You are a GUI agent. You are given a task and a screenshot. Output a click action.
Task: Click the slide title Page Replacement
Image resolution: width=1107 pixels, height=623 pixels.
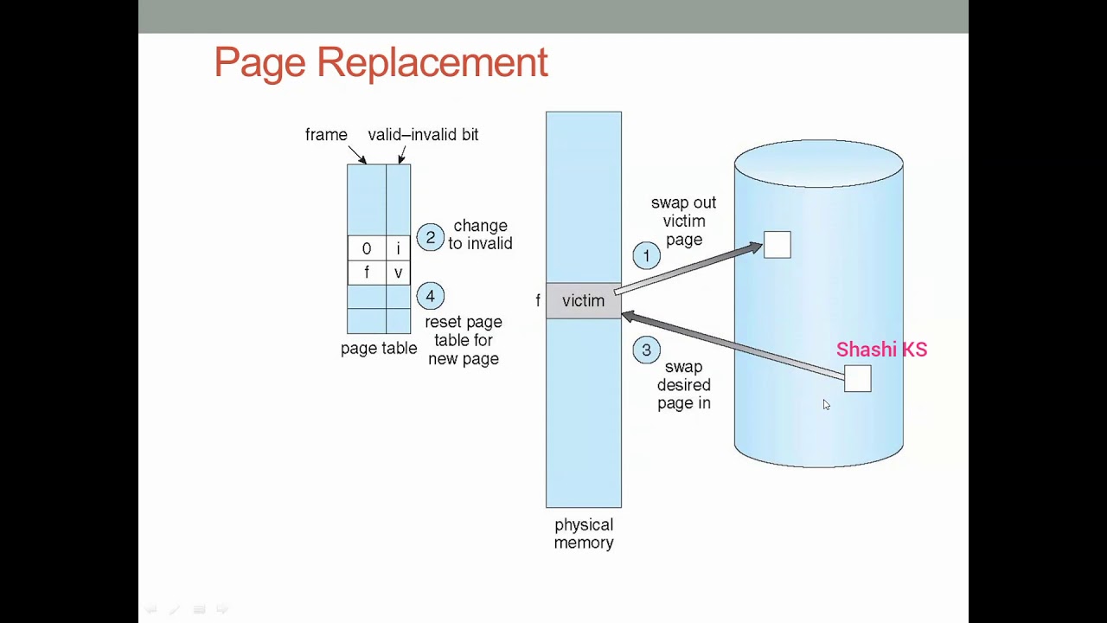pos(381,62)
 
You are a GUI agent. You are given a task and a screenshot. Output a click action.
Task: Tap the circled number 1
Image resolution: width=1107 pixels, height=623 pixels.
pos(646,256)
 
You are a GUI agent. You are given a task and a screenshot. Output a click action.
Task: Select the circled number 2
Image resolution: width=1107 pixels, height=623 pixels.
pos(430,237)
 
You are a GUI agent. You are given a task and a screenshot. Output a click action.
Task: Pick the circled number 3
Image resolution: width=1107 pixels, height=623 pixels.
pos(646,350)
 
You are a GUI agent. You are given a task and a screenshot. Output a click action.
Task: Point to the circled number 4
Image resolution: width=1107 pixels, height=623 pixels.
pos(430,297)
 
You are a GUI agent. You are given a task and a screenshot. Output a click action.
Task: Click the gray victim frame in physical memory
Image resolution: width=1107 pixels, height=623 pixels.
pos(583,301)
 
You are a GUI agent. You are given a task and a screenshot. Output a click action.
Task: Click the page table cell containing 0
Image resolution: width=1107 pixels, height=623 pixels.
pos(367,249)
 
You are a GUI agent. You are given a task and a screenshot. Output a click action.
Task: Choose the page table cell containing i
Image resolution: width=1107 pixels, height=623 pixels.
pos(398,249)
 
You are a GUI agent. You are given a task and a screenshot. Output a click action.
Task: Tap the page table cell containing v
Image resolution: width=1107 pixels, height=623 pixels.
pos(398,273)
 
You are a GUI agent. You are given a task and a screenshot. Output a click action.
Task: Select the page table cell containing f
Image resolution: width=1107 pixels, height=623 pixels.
pos(367,273)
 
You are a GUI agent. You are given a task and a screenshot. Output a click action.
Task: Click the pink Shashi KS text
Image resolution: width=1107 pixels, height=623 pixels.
pos(881,350)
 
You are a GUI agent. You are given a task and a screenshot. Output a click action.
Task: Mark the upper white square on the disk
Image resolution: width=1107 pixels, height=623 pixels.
pos(777,245)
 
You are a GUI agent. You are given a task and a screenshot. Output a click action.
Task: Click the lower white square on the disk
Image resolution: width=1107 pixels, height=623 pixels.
pos(857,378)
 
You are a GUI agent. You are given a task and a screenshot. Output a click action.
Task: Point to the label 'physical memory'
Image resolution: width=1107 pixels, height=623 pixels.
pos(584,534)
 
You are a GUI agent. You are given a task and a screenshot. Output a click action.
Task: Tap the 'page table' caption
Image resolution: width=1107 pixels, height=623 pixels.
pos(379,349)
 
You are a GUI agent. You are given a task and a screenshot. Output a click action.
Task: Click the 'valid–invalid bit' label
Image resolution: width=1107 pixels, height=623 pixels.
pos(423,135)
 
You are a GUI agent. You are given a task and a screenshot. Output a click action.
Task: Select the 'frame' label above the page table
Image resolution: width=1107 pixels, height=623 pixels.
pos(326,135)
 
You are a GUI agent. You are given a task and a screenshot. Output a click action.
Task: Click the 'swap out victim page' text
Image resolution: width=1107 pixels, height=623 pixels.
pos(683,222)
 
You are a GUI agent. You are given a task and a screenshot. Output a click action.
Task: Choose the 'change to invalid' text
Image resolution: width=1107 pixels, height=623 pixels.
pos(480,234)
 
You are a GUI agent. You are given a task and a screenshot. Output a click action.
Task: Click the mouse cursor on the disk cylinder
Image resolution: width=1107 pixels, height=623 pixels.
pos(826,404)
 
